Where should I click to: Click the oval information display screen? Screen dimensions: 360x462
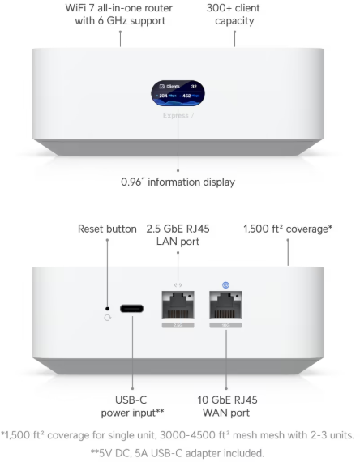(178, 93)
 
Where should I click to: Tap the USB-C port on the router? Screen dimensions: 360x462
(132, 309)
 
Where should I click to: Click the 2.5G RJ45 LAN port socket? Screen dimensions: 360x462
(178, 305)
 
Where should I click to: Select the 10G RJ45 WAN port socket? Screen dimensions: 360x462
(225, 305)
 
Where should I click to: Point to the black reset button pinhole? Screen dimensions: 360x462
(107, 309)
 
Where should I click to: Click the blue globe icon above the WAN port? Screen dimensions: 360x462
(225, 285)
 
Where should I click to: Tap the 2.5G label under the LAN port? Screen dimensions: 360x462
(178, 325)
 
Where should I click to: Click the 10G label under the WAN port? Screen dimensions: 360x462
(225, 325)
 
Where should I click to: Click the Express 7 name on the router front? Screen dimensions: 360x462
(178, 115)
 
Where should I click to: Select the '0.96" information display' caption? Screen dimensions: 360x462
(178, 182)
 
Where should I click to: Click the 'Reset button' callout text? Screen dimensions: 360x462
(107, 229)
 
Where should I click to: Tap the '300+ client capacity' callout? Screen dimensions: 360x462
(234, 15)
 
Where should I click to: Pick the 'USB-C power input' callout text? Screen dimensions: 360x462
(132, 406)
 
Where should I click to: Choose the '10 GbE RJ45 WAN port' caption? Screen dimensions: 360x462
(227, 406)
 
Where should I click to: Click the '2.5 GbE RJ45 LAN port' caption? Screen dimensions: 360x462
(178, 235)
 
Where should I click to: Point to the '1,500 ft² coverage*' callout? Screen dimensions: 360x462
(288, 229)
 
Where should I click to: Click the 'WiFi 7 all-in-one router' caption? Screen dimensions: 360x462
(119, 8)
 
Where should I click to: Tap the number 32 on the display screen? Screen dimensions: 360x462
(194, 87)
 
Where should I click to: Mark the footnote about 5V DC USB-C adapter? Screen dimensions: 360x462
(178, 453)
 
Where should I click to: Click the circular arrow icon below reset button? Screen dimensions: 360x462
(108, 318)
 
